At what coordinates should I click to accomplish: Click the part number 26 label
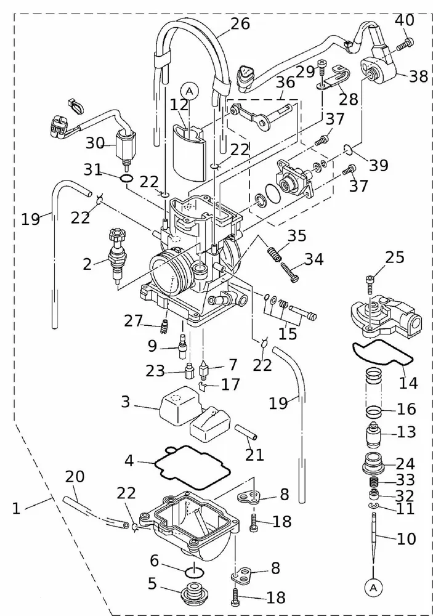coord(240,24)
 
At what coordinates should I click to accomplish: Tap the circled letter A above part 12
coord(190,91)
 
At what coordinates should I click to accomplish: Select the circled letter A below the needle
coord(374,588)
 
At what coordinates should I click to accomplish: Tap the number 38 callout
coord(418,76)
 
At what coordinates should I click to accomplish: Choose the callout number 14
coord(408,383)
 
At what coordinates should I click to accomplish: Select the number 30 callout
coord(95,143)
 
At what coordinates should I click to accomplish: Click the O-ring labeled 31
coord(126,179)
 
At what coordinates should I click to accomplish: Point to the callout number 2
coord(87,264)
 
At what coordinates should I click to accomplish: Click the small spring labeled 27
coord(164,325)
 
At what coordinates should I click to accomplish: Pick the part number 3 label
coord(125,403)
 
